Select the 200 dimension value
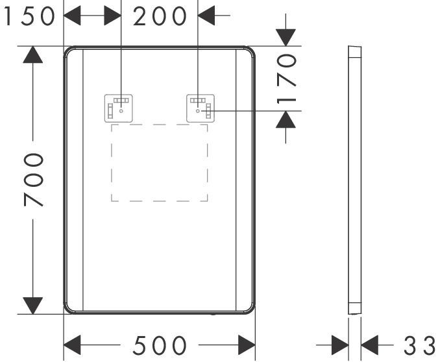point(160,16)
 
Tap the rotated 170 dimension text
point(286,79)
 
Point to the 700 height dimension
point(33,180)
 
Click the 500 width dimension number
point(160,345)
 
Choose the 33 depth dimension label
point(420,346)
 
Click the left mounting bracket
point(119,108)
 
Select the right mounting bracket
point(201,108)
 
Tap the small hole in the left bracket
point(121,111)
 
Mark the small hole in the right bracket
point(198,111)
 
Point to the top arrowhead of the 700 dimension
point(33,54)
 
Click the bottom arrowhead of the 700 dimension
point(33,306)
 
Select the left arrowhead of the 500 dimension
point(72,345)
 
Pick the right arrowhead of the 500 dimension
point(247,345)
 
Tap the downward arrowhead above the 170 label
point(286,38)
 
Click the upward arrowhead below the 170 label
point(286,119)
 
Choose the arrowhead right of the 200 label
point(206,16)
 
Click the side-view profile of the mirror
point(355,180)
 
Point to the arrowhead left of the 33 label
point(340,345)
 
